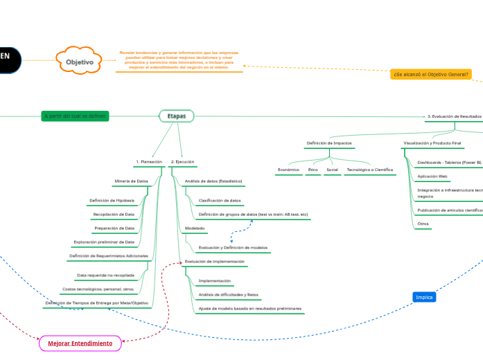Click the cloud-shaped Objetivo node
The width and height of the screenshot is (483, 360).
[79, 62]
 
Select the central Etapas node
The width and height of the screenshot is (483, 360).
[177, 116]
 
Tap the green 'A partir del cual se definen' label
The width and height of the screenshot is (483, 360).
[75, 116]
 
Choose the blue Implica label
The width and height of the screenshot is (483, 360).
[424, 297]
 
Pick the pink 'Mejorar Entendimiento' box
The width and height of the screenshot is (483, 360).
[80, 343]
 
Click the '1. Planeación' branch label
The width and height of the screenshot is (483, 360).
[149, 162]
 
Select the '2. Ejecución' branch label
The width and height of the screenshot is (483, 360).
[182, 162]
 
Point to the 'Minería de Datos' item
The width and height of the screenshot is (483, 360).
[131, 181]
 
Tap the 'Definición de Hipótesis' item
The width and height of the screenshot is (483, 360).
[112, 201]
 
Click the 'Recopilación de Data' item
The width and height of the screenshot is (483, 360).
[114, 215]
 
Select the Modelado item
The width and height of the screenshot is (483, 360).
[195, 228]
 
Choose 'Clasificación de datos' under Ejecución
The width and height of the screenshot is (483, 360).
[220, 201]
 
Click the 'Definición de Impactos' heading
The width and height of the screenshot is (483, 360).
[329, 143]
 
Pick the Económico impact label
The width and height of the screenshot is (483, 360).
[288, 170]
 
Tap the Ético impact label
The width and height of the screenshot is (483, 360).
[313, 170]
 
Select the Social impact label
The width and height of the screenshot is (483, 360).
[333, 170]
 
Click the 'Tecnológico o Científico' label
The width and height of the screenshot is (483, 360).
[370, 170]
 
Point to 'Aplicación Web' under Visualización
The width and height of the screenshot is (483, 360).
[432, 177]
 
